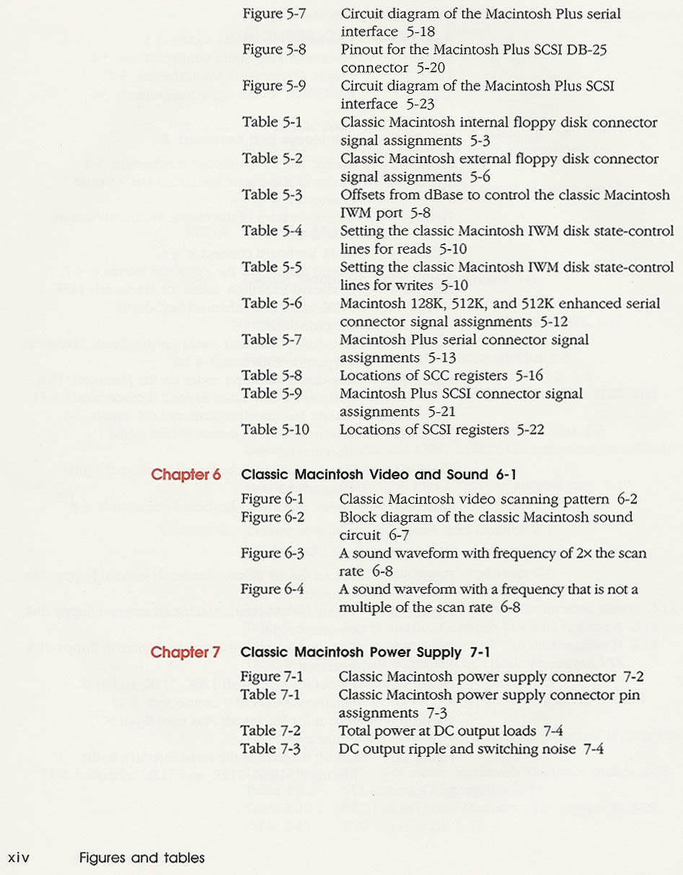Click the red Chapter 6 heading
[x=185, y=475]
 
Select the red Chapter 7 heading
[x=185, y=653]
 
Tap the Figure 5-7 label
[x=273, y=14]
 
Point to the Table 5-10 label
[x=275, y=430]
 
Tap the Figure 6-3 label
[x=273, y=554]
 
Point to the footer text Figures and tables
[x=142, y=858]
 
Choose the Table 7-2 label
[x=271, y=731]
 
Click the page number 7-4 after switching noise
[x=593, y=749]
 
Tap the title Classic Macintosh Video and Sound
[x=364, y=475]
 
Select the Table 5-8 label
[x=271, y=375]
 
